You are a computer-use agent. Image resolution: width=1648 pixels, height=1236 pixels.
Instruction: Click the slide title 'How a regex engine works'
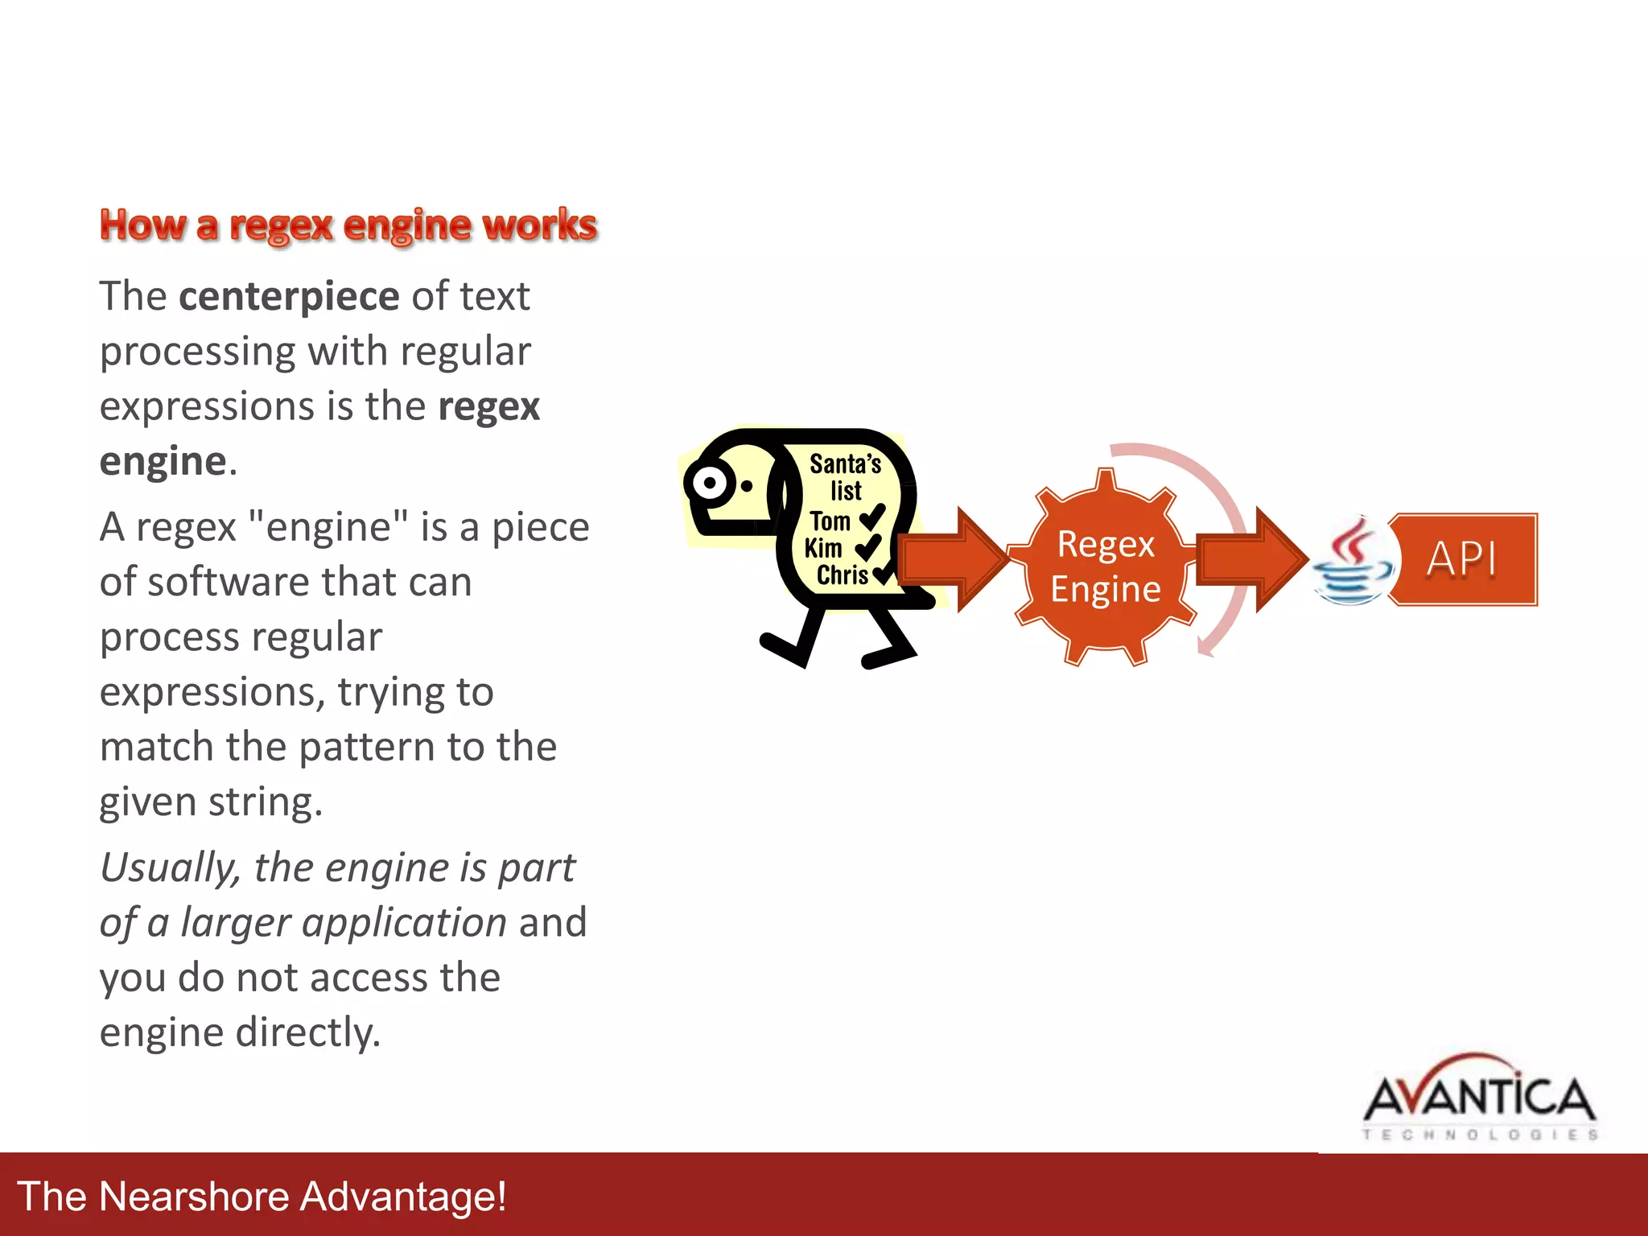(x=348, y=225)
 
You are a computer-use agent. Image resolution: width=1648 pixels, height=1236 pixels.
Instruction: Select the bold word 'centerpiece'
(x=289, y=296)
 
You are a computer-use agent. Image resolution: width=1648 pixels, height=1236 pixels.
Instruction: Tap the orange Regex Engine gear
(x=1106, y=566)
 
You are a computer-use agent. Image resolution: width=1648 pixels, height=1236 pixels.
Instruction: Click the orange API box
(x=1462, y=558)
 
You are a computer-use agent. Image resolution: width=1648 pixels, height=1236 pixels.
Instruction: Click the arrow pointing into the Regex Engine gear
(x=954, y=559)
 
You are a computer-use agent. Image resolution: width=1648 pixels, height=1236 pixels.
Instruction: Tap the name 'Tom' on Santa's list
(x=830, y=521)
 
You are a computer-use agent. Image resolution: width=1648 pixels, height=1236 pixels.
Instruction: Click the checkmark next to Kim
(x=868, y=548)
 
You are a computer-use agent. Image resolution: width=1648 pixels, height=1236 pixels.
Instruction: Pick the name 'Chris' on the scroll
(x=842, y=575)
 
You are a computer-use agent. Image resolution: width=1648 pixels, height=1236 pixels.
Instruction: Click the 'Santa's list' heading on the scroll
(x=845, y=476)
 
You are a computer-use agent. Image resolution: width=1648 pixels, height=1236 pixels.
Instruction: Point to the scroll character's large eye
(x=710, y=484)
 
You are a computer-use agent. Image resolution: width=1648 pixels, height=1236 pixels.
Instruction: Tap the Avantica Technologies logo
(x=1479, y=1099)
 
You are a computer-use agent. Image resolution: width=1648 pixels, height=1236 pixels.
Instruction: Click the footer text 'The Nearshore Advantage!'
(x=262, y=1196)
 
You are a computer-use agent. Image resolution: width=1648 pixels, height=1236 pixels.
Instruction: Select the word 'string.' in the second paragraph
(x=266, y=802)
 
